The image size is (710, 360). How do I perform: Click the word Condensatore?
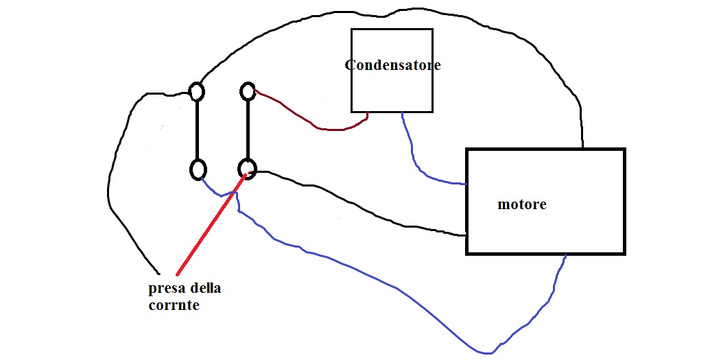click(x=392, y=66)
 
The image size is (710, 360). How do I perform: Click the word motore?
click(x=521, y=204)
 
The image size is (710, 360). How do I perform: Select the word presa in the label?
click(x=165, y=288)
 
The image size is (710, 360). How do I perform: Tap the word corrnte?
click(x=174, y=305)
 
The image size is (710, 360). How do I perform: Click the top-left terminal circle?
click(x=196, y=91)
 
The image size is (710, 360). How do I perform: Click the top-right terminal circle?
click(x=248, y=91)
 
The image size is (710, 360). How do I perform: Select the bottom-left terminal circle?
click(x=198, y=169)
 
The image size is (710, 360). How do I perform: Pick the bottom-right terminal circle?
click(x=248, y=168)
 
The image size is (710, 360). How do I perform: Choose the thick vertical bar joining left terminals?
click(x=198, y=130)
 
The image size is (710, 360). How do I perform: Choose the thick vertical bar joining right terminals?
click(x=248, y=130)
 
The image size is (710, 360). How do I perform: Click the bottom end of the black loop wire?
click(x=158, y=270)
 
